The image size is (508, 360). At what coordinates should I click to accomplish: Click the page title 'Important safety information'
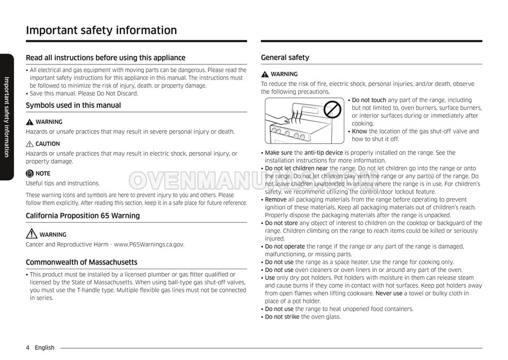tap(101, 30)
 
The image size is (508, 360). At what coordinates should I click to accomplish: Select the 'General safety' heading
tap(285, 57)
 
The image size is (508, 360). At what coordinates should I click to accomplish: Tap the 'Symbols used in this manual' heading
tap(73, 105)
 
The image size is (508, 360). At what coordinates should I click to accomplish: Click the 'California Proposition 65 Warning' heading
tap(83, 215)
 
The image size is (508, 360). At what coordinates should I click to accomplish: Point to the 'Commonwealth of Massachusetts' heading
tap(82, 262)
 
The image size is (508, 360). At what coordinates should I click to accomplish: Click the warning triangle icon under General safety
tap(265, 74)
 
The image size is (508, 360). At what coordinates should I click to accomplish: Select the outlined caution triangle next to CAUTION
tap(30, 144)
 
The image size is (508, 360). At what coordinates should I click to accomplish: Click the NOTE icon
tap(30, 174)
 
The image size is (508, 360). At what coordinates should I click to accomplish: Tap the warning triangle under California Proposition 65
tap(31, 234)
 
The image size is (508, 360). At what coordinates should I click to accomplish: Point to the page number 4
tap(28, 348)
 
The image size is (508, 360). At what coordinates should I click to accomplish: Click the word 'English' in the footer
tap(44, 348)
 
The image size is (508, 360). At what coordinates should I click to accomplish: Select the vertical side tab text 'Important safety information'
tap(7, 117)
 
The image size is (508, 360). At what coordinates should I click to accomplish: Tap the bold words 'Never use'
tap(389, 294)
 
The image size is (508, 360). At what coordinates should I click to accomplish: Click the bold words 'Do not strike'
tap(282, 317)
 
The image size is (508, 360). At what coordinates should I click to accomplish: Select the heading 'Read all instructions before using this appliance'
tap(105, 57)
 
